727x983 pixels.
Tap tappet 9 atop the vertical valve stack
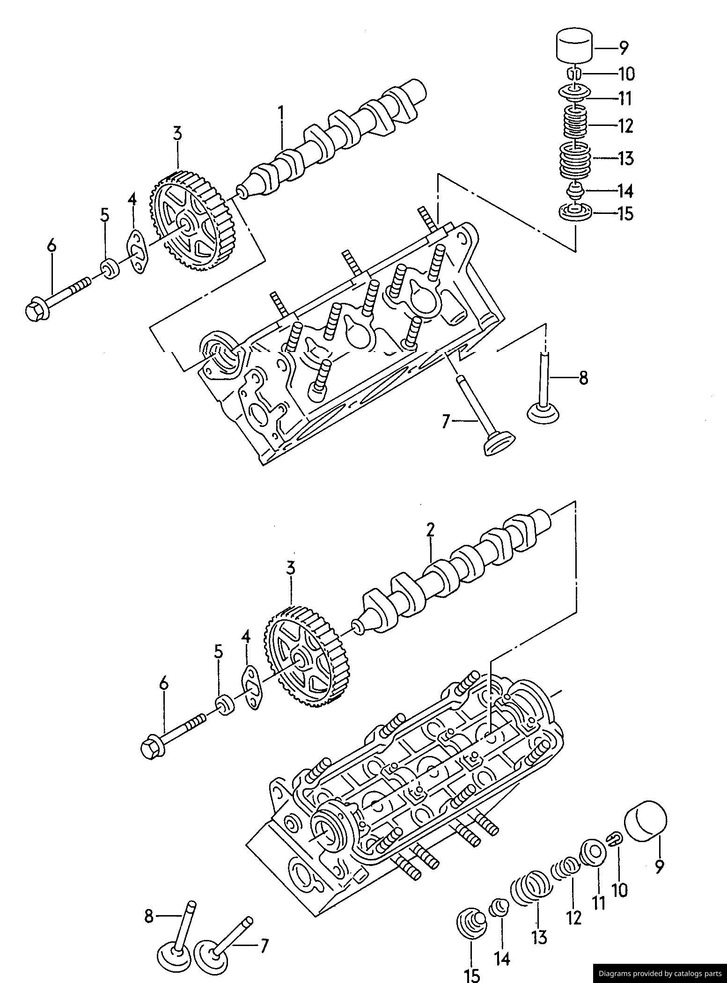point(574,45)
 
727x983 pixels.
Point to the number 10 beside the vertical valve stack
point(626,73)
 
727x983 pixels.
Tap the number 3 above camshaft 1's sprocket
point(177,133)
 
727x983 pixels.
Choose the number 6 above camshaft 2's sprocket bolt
point(163,684)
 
